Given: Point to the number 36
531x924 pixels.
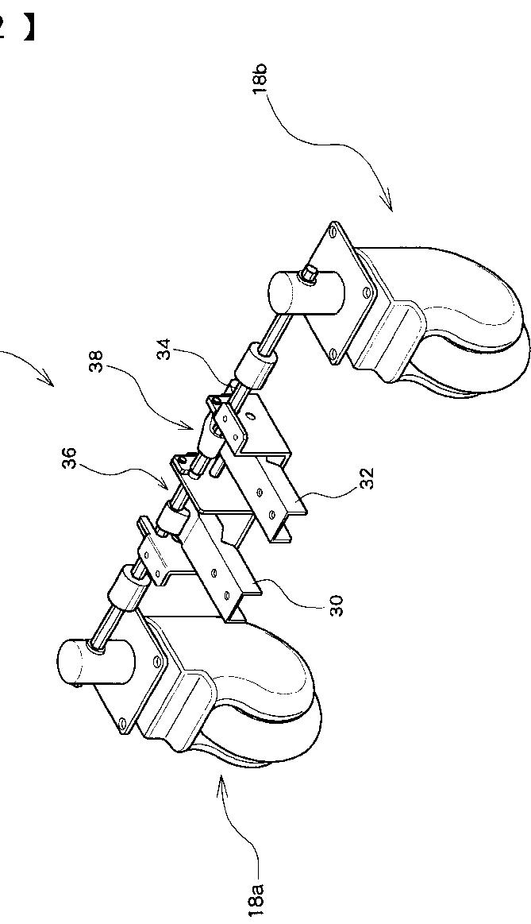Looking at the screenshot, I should (71, 458).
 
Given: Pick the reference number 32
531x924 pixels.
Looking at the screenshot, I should (367, 478).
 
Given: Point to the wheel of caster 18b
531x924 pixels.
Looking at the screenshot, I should (476, 334).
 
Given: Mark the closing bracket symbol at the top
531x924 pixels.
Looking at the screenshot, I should (29, 28).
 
